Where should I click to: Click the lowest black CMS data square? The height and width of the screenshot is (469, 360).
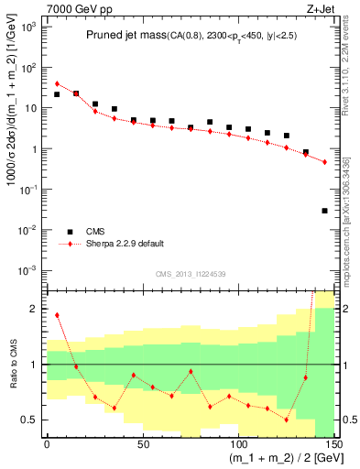point(325,211)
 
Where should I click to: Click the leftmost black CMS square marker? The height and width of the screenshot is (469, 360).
point(57,94)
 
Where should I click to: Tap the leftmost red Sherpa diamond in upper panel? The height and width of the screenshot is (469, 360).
point(57,83)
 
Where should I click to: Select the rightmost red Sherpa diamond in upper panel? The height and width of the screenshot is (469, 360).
point(325,162)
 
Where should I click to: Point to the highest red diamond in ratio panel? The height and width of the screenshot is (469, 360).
point(57,315)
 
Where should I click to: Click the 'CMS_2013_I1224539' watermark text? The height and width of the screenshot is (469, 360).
point(191,274)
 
